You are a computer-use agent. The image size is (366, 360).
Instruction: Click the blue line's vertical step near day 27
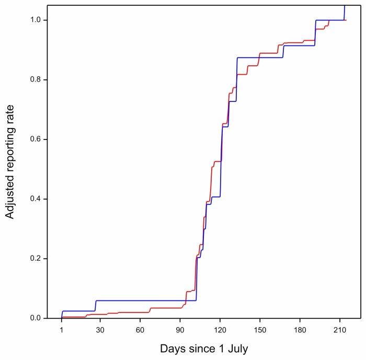tap(96, 306)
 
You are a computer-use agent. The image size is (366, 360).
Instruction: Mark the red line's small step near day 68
tap(150, 310)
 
